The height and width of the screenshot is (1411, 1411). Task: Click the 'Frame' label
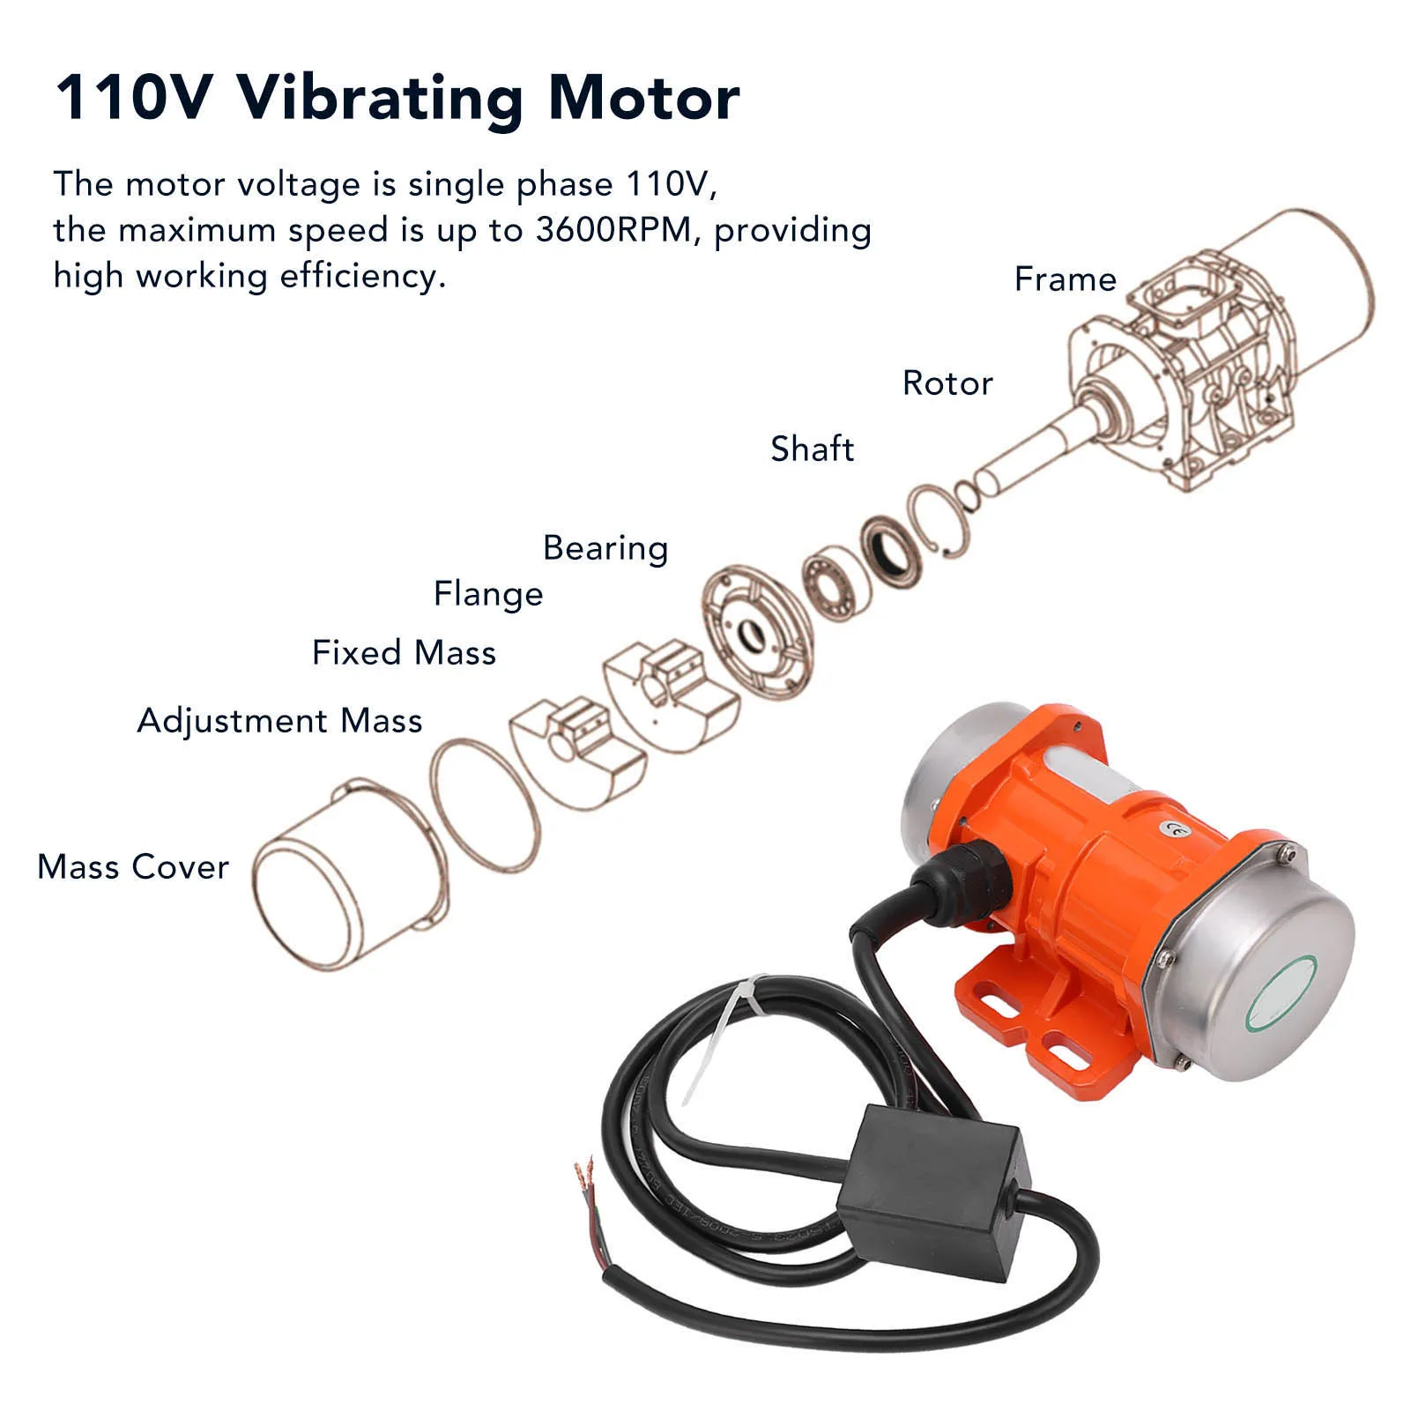tap(1065, 279)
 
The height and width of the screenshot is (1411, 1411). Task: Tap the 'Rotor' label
tap(947, 383)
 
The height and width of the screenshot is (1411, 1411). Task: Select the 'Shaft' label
tap(812, 449)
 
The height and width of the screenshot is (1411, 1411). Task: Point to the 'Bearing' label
tap(605, 548)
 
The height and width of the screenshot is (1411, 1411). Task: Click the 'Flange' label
tap(488, 594)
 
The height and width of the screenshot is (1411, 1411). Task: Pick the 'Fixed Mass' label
tap(404, 653)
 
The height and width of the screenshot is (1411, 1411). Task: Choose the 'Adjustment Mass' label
tap(279, 721)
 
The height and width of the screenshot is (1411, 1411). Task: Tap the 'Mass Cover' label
tap(133, 867)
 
